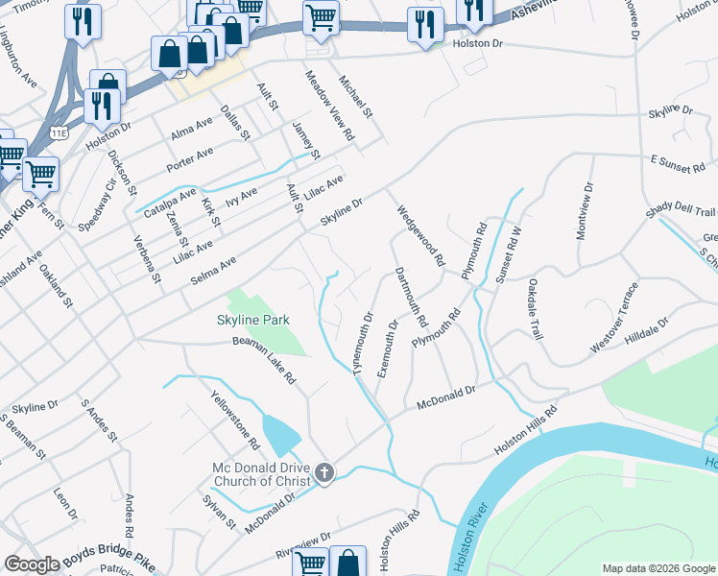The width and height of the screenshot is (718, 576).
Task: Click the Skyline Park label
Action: [x=252, y=320]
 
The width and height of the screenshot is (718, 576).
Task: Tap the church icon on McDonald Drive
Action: [x=324, y=473]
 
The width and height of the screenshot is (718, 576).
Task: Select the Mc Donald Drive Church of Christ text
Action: [x=261, y=474]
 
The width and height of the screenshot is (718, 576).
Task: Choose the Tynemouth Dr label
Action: [x=363, y=343]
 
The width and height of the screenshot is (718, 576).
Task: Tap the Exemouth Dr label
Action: [x=387, y=348]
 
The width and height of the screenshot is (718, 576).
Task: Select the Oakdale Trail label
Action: [x=536, y=309]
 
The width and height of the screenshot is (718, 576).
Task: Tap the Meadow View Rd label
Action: [x=328, y=107]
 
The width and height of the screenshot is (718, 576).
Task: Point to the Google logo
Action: [x=33, y=564]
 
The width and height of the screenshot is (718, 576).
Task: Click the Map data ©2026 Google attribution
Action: [x=658, y=568]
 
